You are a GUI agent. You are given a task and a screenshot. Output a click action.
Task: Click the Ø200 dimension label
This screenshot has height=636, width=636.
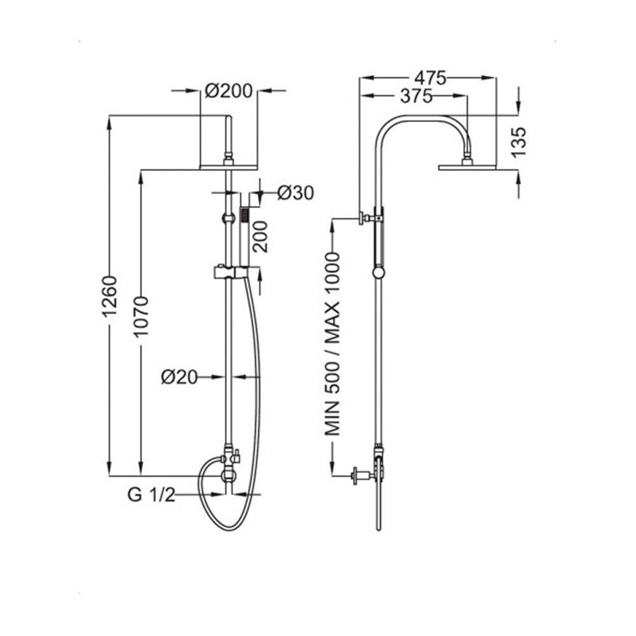pos(228,91)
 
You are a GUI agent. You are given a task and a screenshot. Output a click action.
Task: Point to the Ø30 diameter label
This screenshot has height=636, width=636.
pos(296,193)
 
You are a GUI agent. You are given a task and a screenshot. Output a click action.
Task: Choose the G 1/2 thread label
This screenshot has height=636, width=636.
pos(151,495)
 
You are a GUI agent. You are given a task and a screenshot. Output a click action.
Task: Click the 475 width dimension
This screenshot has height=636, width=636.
pos(429,78)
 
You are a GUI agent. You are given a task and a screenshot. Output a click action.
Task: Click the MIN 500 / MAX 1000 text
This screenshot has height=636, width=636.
pos(332,343)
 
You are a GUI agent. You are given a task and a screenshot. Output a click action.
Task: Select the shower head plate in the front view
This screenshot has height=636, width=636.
pos(228,167)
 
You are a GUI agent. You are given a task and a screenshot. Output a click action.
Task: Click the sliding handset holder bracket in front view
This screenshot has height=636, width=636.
pos(228,273)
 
